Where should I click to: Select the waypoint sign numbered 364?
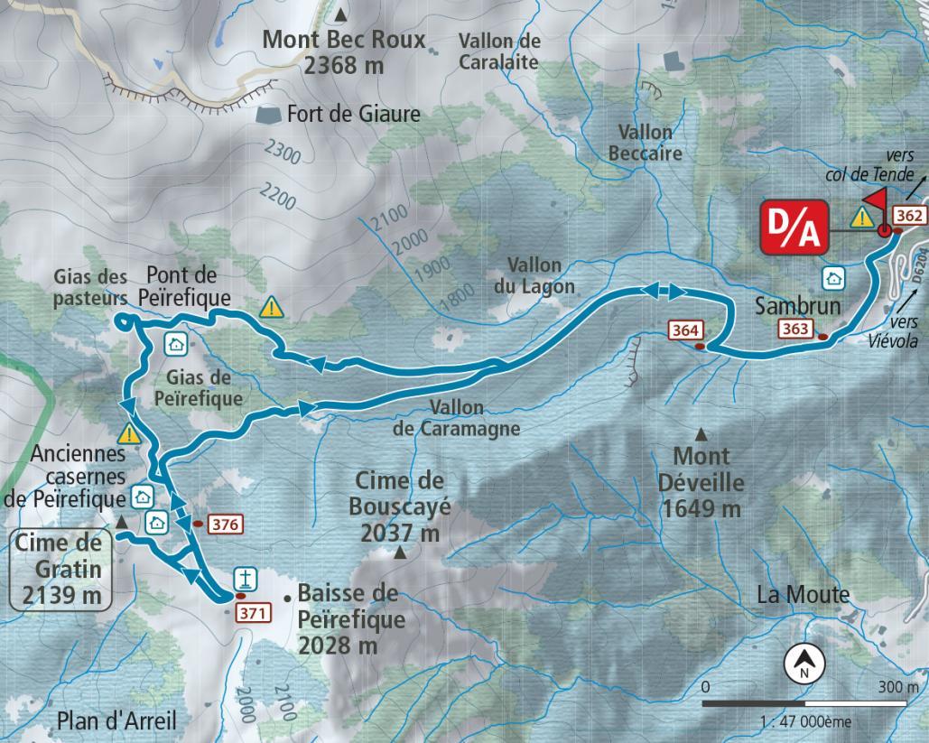684,331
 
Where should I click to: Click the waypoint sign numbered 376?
224,524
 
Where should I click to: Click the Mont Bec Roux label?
343,52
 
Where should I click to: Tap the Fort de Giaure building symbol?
268,115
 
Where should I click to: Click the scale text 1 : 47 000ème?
800,721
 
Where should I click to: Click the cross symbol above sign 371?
242,579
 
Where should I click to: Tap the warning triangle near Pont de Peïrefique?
272,308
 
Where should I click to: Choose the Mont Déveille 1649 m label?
701,482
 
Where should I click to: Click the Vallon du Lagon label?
541,276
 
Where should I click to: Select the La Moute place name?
803,595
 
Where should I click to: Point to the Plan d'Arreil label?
116,720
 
